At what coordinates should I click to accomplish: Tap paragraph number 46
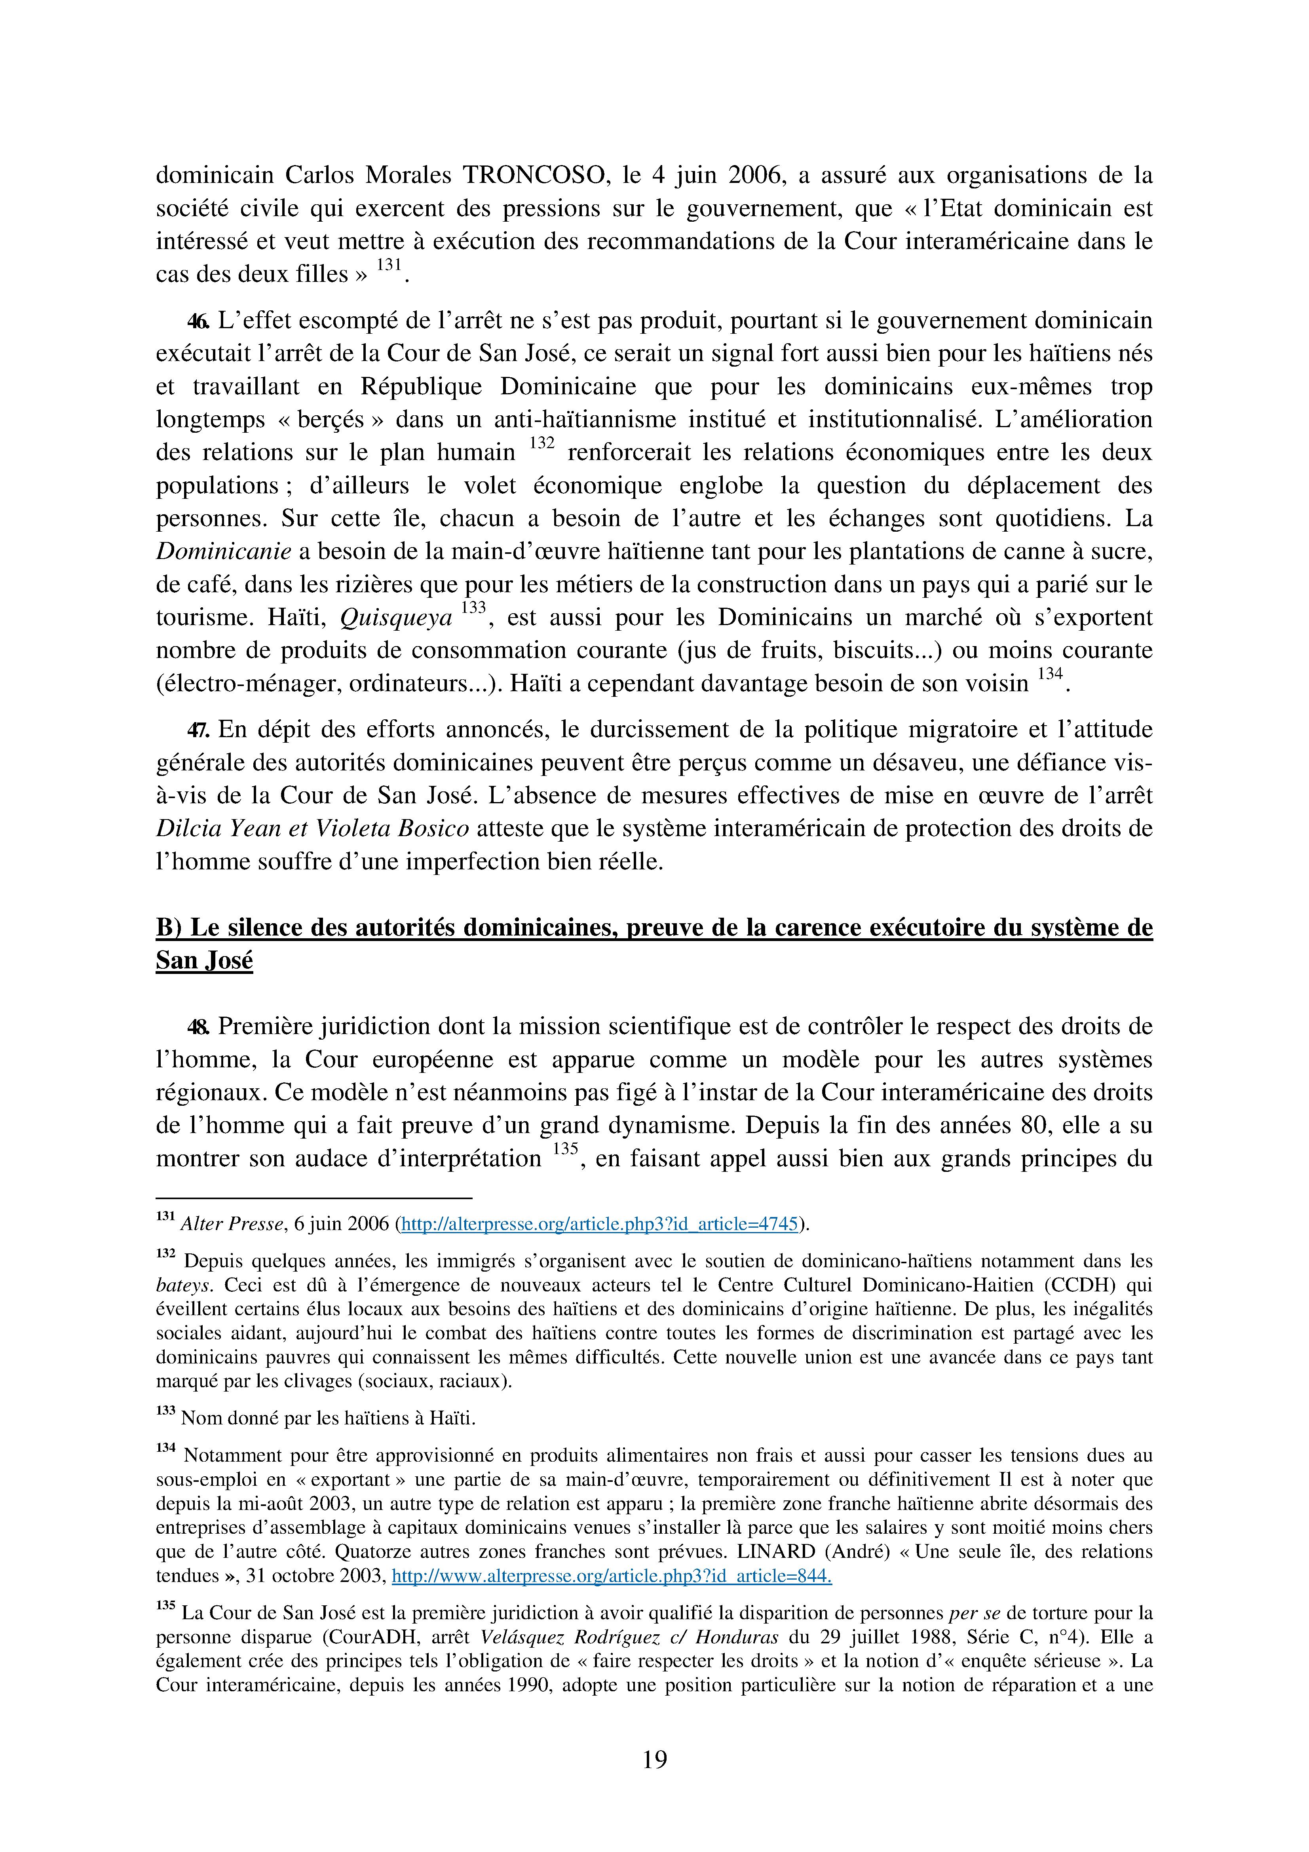[x=198, y=321]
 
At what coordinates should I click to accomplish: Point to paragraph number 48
[x=198, y=1027]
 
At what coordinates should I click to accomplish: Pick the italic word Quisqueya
[x=396, y=618]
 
